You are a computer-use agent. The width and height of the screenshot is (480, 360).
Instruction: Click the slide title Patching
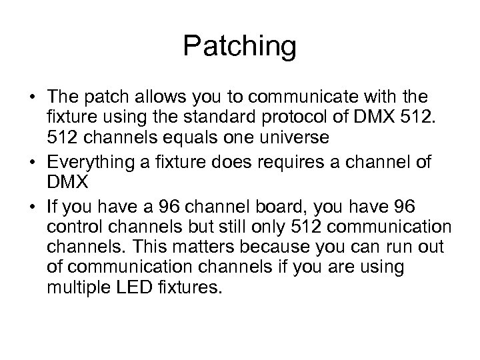(239, 47)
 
